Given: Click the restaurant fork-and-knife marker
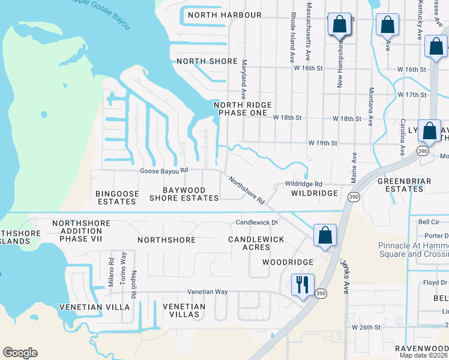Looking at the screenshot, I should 302,283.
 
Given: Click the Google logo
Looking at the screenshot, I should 20,353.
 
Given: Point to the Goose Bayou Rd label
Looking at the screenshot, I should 164,170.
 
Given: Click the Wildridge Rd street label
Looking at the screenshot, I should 304,184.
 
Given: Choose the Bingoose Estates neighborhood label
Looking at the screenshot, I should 118,197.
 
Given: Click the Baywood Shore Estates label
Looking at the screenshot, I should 184,194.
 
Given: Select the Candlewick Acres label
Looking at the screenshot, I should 256,243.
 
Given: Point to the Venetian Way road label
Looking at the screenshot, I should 208,292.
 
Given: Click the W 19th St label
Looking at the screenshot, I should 323,143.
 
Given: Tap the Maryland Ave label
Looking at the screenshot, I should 244,79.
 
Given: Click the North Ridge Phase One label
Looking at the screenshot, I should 240,109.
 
